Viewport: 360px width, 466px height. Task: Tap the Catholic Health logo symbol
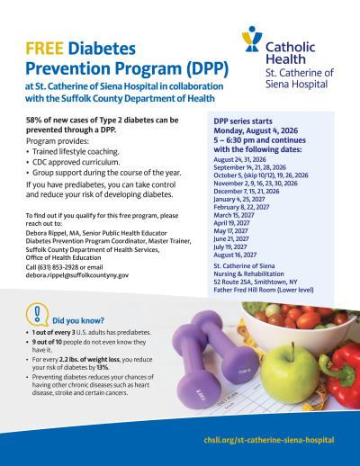tap(254, 41)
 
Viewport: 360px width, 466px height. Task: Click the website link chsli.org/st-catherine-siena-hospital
tap(270, 440)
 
